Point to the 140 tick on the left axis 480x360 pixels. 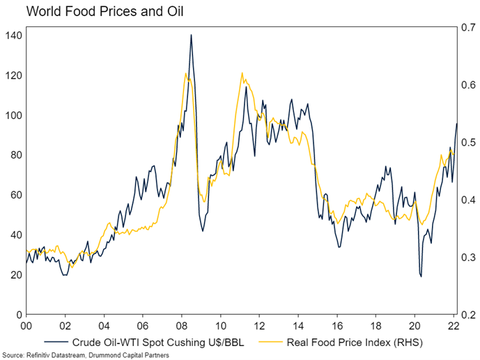[x=13, y=36]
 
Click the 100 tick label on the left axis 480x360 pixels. [x=13, y=116]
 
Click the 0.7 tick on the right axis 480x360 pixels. [x=468, y=29]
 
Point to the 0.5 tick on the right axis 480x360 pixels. [x=468, y=143]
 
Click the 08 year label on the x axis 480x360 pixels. [x=181, y=325]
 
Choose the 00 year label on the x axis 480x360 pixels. [x=26, y=325]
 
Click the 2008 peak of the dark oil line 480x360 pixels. [x=191, y=35]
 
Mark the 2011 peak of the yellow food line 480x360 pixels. [x=242, y=72]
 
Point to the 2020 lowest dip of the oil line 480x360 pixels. [x=421, y=276]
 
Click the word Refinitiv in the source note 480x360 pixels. [x=36, y=355]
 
